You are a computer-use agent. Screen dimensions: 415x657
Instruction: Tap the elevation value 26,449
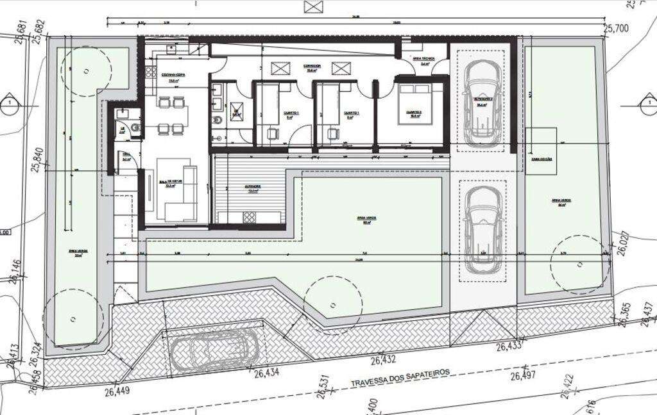pyautogui.click(x=118, y=392)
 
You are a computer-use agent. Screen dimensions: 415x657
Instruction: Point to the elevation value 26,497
pyautogui.click(x=525, y=376)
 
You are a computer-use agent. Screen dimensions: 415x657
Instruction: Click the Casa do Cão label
pyautogui.click(x=541, y=159)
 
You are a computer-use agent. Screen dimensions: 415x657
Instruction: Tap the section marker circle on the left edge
pyautogui.click(x=9, y=104)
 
